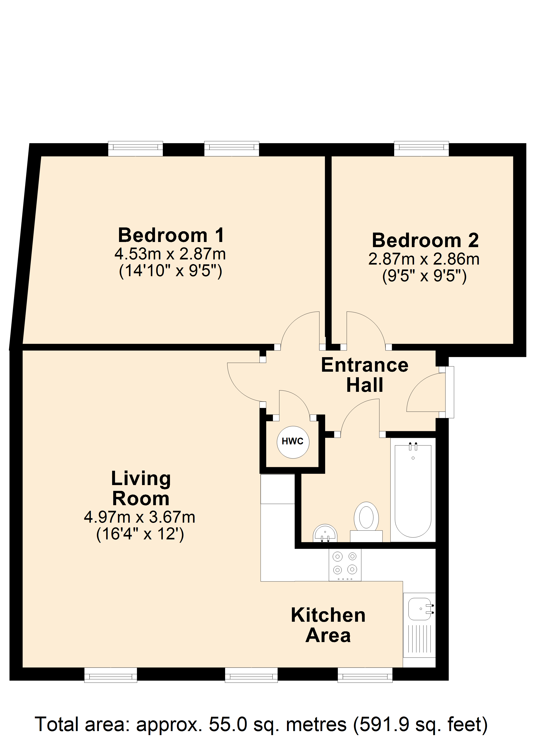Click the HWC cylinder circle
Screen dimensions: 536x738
[x=293, y=442]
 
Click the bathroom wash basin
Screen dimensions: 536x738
[x=325, y=533]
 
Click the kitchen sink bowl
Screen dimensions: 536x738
[x=419, y=609]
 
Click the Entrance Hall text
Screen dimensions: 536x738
[x=365, y=375]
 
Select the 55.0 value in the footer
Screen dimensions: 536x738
[x=228, y=724]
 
